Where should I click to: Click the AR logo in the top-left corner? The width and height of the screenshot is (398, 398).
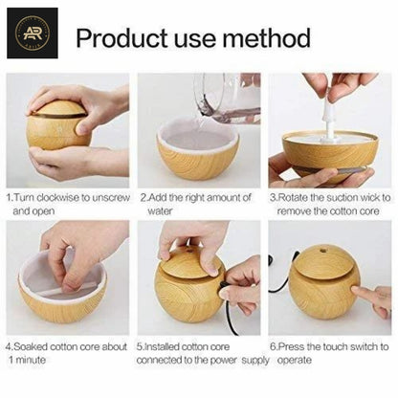pyautogui.click(x=32, y=33)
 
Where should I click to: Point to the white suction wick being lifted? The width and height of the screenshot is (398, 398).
pyautogui.click(x=327, y=120)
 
